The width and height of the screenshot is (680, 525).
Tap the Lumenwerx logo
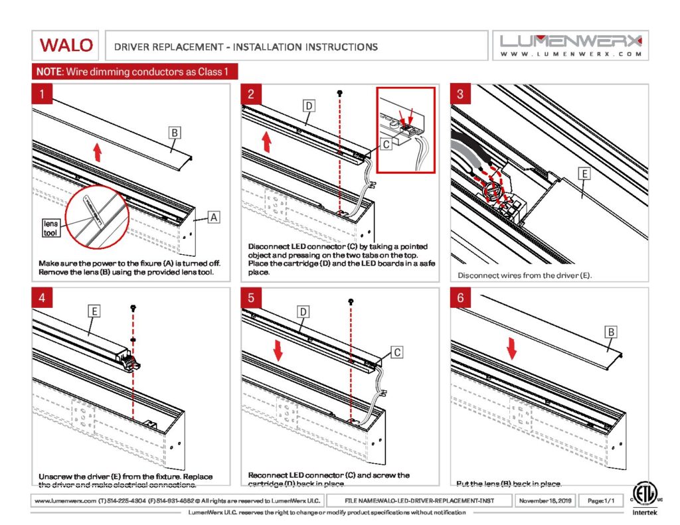571,45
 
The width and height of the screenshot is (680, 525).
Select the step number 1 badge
42,94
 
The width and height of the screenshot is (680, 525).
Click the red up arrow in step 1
97,153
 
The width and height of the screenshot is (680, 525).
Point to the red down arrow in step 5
278,350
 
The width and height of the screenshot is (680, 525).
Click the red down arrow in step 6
511,347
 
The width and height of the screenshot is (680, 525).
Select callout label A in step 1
213,216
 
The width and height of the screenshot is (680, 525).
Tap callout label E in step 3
584,174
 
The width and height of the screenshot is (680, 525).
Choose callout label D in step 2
309,106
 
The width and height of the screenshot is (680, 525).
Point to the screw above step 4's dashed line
134,307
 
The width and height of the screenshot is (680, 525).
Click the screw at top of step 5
350,303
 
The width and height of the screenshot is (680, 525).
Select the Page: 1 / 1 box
600,500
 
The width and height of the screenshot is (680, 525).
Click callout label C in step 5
395,352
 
